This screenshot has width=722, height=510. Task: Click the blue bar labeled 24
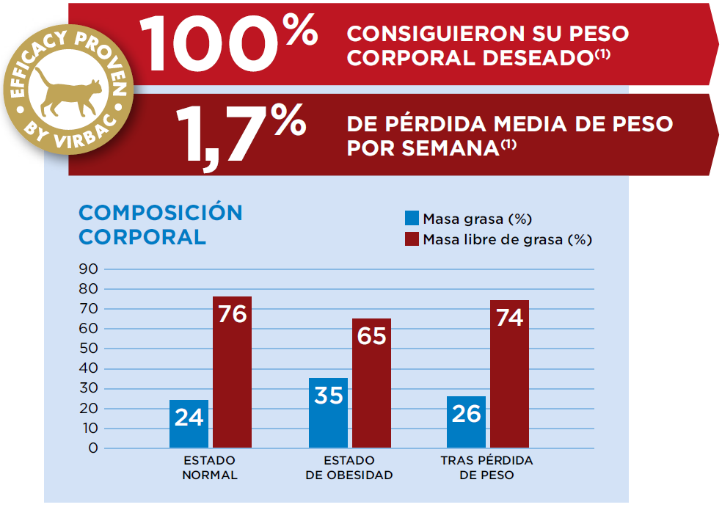point(189,423)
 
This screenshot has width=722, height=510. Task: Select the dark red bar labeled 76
point(232,372)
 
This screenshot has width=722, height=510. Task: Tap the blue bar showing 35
point(328,412)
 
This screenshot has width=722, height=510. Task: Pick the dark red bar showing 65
point(371,382)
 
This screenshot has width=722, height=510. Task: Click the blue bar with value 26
point(466,421)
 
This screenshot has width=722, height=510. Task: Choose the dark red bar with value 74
point(509,374)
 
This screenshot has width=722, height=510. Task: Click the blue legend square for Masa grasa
point(412,219)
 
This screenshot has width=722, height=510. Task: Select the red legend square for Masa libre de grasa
point(412,239)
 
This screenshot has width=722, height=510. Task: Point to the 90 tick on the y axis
point(88,269)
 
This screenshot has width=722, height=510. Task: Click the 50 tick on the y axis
point(88,349)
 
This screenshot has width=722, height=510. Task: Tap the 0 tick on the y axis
point(92,448)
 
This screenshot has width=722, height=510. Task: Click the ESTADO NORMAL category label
point(210,467)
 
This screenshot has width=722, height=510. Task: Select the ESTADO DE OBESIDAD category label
point(349,467)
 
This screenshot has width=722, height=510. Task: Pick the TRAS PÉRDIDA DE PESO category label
point(487,467)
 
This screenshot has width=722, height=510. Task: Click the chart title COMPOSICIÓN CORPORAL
point(160,225)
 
